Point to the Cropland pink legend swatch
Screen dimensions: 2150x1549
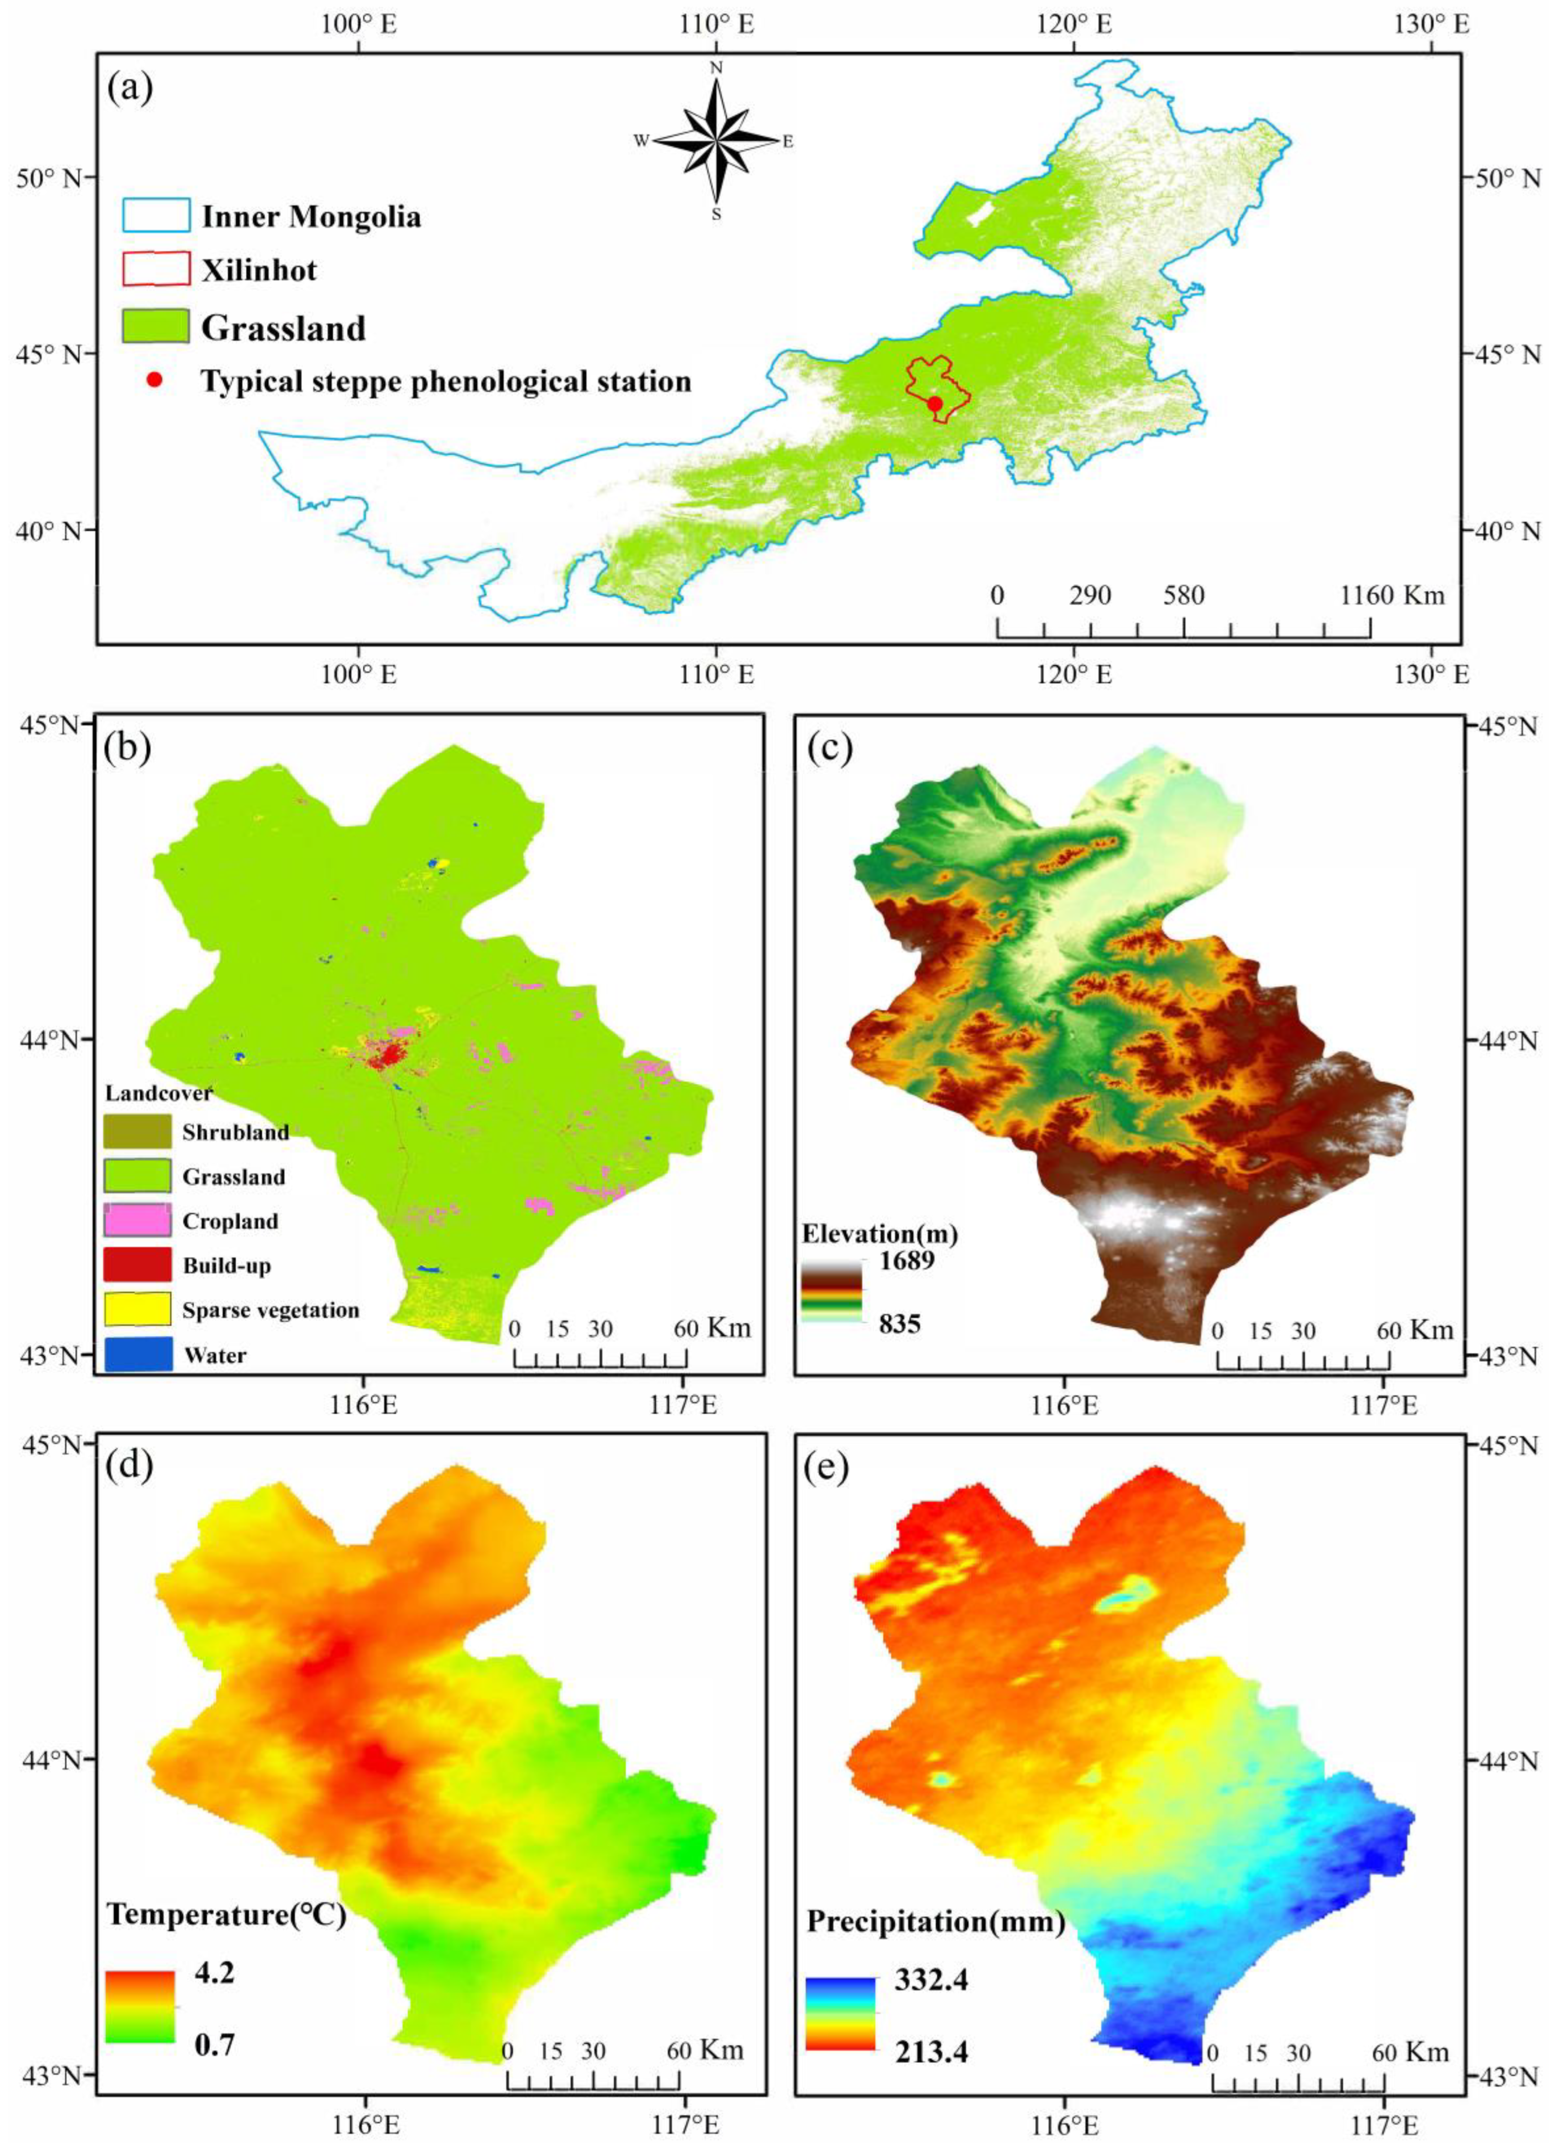click(138, 1220)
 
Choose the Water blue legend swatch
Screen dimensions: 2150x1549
click(138, 1353)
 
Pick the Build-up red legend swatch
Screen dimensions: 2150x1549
click(138, 1265)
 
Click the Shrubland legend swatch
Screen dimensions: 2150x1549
click(138, 1131)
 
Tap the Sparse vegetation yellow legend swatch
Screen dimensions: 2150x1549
click(138, 1309)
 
